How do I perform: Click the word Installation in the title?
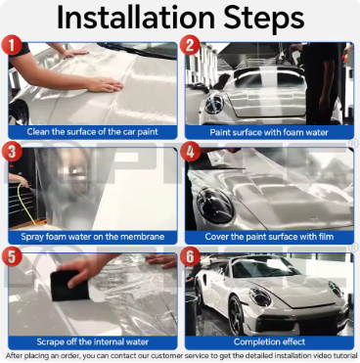click(x=136, y=17)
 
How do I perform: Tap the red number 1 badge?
click(x=12, y=45)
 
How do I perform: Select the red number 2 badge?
click(x=190, y=45)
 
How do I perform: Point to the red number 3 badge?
click(x=12, y=152)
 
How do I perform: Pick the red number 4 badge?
click(x=190, y=152)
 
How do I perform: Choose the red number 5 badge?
click(x=12, y=256)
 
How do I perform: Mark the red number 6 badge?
click(x=190, y=256)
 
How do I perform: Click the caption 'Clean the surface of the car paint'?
click(x=93, y=132)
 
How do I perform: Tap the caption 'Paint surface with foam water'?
click(x=269, y=132)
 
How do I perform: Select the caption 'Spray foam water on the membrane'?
click(x=93, y=237)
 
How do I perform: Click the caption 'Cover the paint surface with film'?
click(x=269, y=237)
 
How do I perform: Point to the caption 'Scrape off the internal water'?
click(x=93, y=341)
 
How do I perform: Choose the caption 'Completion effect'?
click(x=269, y=341)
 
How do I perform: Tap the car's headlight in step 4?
click(x=215, y=205)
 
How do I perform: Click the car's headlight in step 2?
click(x=214, y=104)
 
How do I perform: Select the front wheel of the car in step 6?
click(x=237, y=315)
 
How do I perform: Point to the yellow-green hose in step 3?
click(x=25, y=204)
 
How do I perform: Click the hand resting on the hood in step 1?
click(x=105, y=85)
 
